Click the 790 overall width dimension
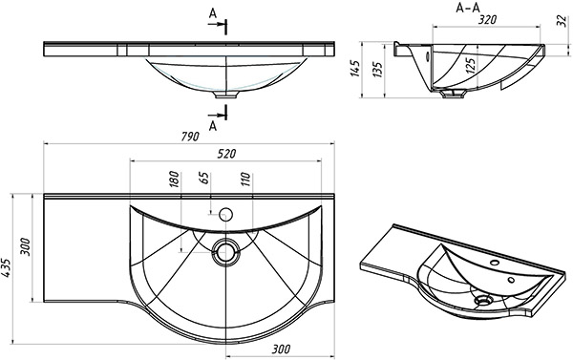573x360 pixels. coord(190,137)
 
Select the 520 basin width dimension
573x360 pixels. coord(226,154)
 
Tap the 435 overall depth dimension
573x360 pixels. coord(6,268)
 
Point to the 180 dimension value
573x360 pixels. coord(175,180)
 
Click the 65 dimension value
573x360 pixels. coord(205,178)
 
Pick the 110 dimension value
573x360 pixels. coord(245,180)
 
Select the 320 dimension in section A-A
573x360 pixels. coord(487,19)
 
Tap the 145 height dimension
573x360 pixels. coord(355,69)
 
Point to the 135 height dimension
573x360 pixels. coord(377,69)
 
